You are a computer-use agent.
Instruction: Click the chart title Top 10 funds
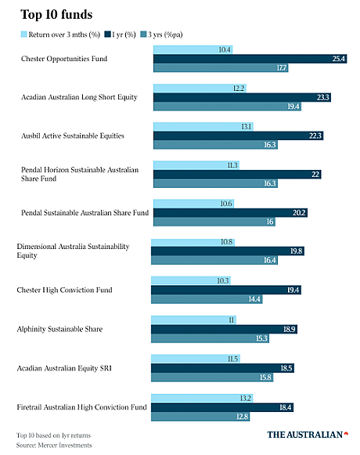pos(56,15)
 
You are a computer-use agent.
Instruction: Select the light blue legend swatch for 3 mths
pos(23,34)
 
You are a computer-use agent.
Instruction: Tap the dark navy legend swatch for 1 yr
pos(108,34)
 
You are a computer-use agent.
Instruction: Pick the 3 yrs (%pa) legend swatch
pos(143,34)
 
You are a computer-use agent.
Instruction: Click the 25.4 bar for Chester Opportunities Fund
pos(250,59)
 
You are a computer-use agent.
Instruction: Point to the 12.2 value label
pos(239,88)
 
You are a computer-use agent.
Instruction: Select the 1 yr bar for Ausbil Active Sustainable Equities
pos(239,135)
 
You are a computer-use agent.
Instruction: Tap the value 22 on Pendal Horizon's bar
pos(315,174)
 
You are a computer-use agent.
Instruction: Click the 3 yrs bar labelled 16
pos(214,222)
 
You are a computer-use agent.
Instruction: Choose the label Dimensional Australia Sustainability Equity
pos(73,251)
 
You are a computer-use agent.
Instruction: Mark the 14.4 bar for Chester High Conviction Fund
pos(207,299)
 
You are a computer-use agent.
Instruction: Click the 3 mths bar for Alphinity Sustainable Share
pos(193,320)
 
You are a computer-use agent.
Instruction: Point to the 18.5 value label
pos(286,368)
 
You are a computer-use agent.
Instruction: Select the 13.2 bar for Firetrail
pos(202,398)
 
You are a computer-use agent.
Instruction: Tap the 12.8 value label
pos(243,417)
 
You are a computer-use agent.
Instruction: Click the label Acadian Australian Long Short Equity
pos(79,97)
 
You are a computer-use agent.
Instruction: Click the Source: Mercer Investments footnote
pos(54,445)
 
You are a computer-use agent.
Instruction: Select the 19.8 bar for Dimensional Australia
pos(228,251)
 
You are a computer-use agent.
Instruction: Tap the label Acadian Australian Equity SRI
pos(64,368)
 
